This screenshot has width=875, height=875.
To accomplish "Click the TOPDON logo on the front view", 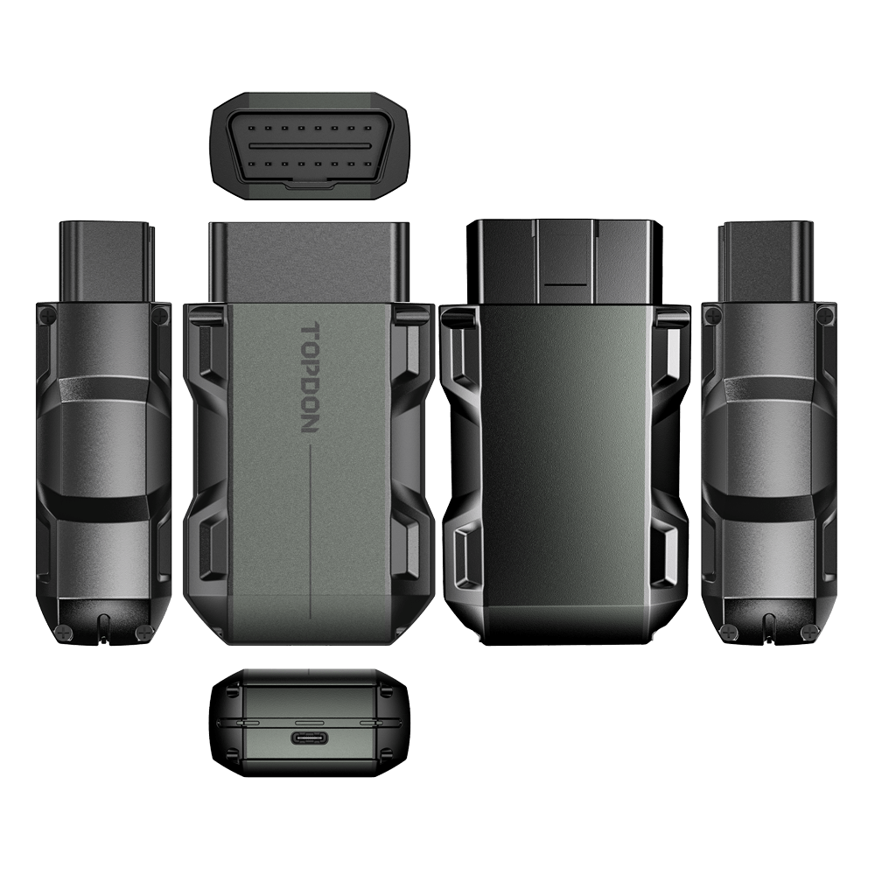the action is coord(309,377).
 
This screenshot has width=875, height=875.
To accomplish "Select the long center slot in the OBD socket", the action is coord(310,145).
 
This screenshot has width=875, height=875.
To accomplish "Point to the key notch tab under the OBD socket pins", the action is coord(310,184).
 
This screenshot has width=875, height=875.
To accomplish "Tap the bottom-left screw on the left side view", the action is coord(61,631).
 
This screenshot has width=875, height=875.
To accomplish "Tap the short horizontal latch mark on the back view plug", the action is coord(565,284).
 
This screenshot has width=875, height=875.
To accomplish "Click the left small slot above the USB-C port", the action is coord(248,722).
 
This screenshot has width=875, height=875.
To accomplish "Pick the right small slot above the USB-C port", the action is coord(371,722).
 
